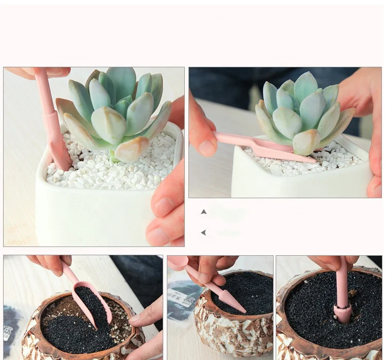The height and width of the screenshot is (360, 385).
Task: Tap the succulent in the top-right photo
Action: (303, 113)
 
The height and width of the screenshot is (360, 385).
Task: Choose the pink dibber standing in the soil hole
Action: (342, 298)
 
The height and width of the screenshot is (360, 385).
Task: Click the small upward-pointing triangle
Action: (204, 212)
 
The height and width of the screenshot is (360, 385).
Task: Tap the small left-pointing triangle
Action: (204, 233)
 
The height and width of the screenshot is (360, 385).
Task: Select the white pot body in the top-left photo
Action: (92, 216)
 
